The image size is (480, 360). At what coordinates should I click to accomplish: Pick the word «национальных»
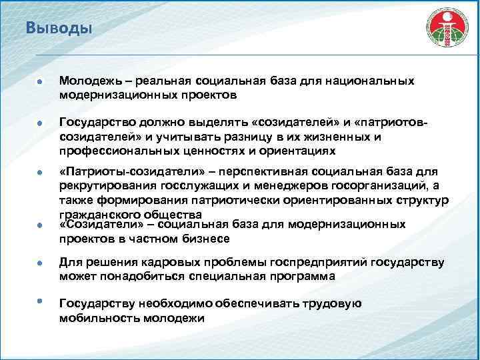(x=370, y=81)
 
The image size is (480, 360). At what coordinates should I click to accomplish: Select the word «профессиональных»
(x=114, y=151)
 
